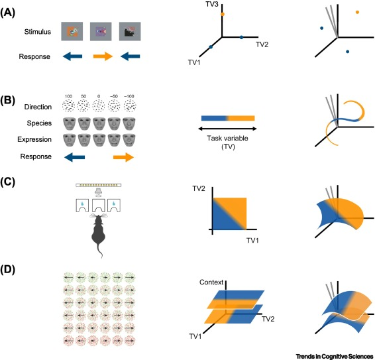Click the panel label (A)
(8, 13)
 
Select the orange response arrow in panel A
(103, 56)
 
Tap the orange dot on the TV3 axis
(223, 14)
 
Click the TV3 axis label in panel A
(212, 4)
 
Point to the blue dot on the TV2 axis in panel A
(241, 37)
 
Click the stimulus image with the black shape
(130, 31)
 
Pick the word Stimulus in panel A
(38, 32)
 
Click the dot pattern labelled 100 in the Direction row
(68, 105)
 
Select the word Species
(39, 123)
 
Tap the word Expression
(34, 139)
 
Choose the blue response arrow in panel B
(75, 157)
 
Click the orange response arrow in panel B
(123, 157)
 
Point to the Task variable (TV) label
(228, 143)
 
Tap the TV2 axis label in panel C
(199, 188)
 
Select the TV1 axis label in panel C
(252, 240)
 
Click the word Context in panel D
(211, 282)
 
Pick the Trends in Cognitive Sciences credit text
(335, 356)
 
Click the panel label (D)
(8, 270)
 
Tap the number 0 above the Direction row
(99, 96)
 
